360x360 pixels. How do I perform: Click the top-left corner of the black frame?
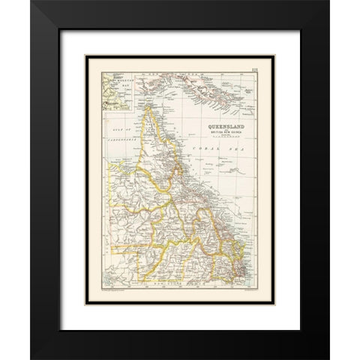pyautogui.click(x=31, y=1)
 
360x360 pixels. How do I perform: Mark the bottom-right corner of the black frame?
pyautogui.click(x=328, y=358)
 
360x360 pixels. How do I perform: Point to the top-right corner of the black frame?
pyautogui.click(x=328, y=1)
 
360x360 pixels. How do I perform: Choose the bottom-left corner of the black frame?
pyautogui.click(x=31, y=358)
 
